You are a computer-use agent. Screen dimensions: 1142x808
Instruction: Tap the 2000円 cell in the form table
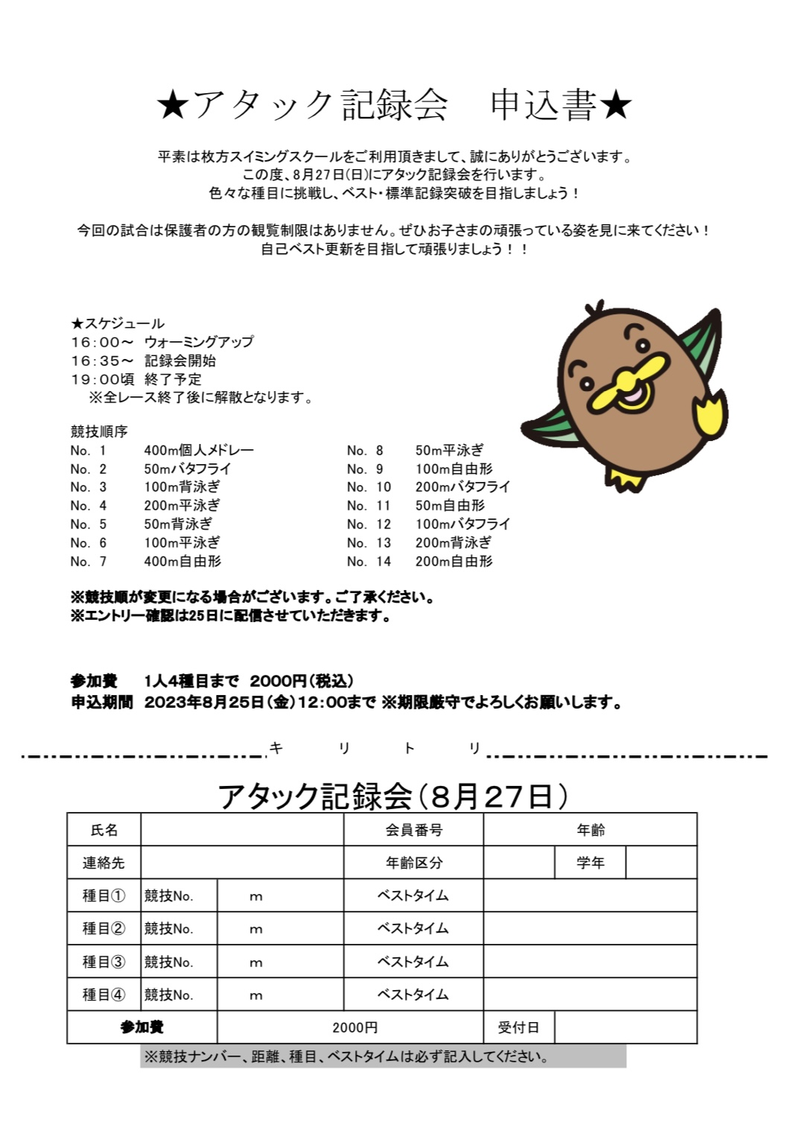[x=354, y=1027]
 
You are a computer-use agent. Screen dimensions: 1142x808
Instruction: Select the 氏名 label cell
[x=104, y=830]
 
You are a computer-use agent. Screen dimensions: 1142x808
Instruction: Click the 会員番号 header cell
[x=414, y=830]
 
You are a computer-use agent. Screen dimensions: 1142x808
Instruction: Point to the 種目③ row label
[x=104, y=962]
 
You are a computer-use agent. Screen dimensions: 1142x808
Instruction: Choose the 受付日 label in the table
[x=518, y=1027]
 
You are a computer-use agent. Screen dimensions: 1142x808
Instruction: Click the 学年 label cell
[x=590, y=863]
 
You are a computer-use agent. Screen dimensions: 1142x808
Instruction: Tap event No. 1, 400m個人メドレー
[x=198, y=450]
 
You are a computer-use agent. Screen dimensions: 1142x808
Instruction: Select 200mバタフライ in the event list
[x=462, y=487]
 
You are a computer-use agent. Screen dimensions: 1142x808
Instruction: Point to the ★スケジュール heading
[x=118, y=323]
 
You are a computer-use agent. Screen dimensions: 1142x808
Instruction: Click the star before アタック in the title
[x=173, y=105]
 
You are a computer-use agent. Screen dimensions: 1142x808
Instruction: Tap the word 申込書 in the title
[x=544, y=105]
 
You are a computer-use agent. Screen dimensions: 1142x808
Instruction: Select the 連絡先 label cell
[x=104, y=863]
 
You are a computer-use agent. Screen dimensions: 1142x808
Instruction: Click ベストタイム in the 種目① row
[x=413, y=895]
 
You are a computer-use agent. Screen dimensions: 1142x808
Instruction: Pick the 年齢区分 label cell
[x=414, y=863]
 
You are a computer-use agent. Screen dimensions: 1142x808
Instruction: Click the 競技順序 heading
[x=99, y=431]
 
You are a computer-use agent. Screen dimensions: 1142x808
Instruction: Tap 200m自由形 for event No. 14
[x=454, y=562]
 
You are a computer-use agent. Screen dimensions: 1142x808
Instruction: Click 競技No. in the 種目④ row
[x=169, y=995]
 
